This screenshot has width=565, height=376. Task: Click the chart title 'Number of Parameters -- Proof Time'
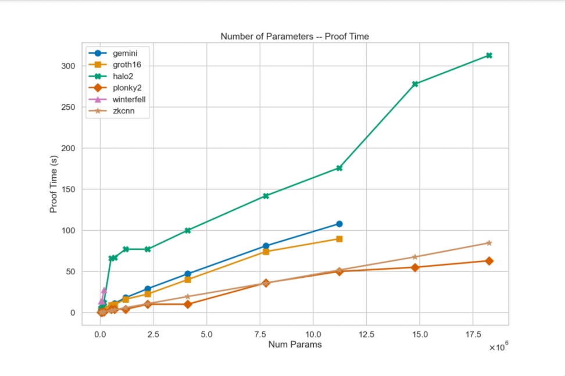click(x=295, y=37)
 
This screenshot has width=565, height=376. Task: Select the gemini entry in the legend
click(x=124, y=53)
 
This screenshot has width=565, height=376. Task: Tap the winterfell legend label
click(x=128, y=99)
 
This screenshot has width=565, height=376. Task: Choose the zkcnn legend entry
click(x=123, y=111)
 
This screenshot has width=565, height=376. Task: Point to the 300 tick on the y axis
click(x=69, y=66)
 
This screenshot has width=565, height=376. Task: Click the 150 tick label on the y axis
click(x=69, y=189)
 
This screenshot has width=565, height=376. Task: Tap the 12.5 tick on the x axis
click(x=366, y=335)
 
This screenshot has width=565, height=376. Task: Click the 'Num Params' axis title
click(x=295, y=345)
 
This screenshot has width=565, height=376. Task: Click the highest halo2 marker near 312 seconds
click(x=489, y=56)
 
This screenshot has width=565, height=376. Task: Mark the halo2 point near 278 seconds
click(x=415, y=84)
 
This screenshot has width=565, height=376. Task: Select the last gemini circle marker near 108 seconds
click(x=339, y=224)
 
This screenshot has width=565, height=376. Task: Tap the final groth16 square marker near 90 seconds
click(x=339, y=239)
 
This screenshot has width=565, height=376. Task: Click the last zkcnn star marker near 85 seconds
click(x=489, y=243)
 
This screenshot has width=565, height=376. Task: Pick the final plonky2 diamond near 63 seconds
click(x=489, y=261)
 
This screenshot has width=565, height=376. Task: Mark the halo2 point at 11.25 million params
click(x=339, y=168)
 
